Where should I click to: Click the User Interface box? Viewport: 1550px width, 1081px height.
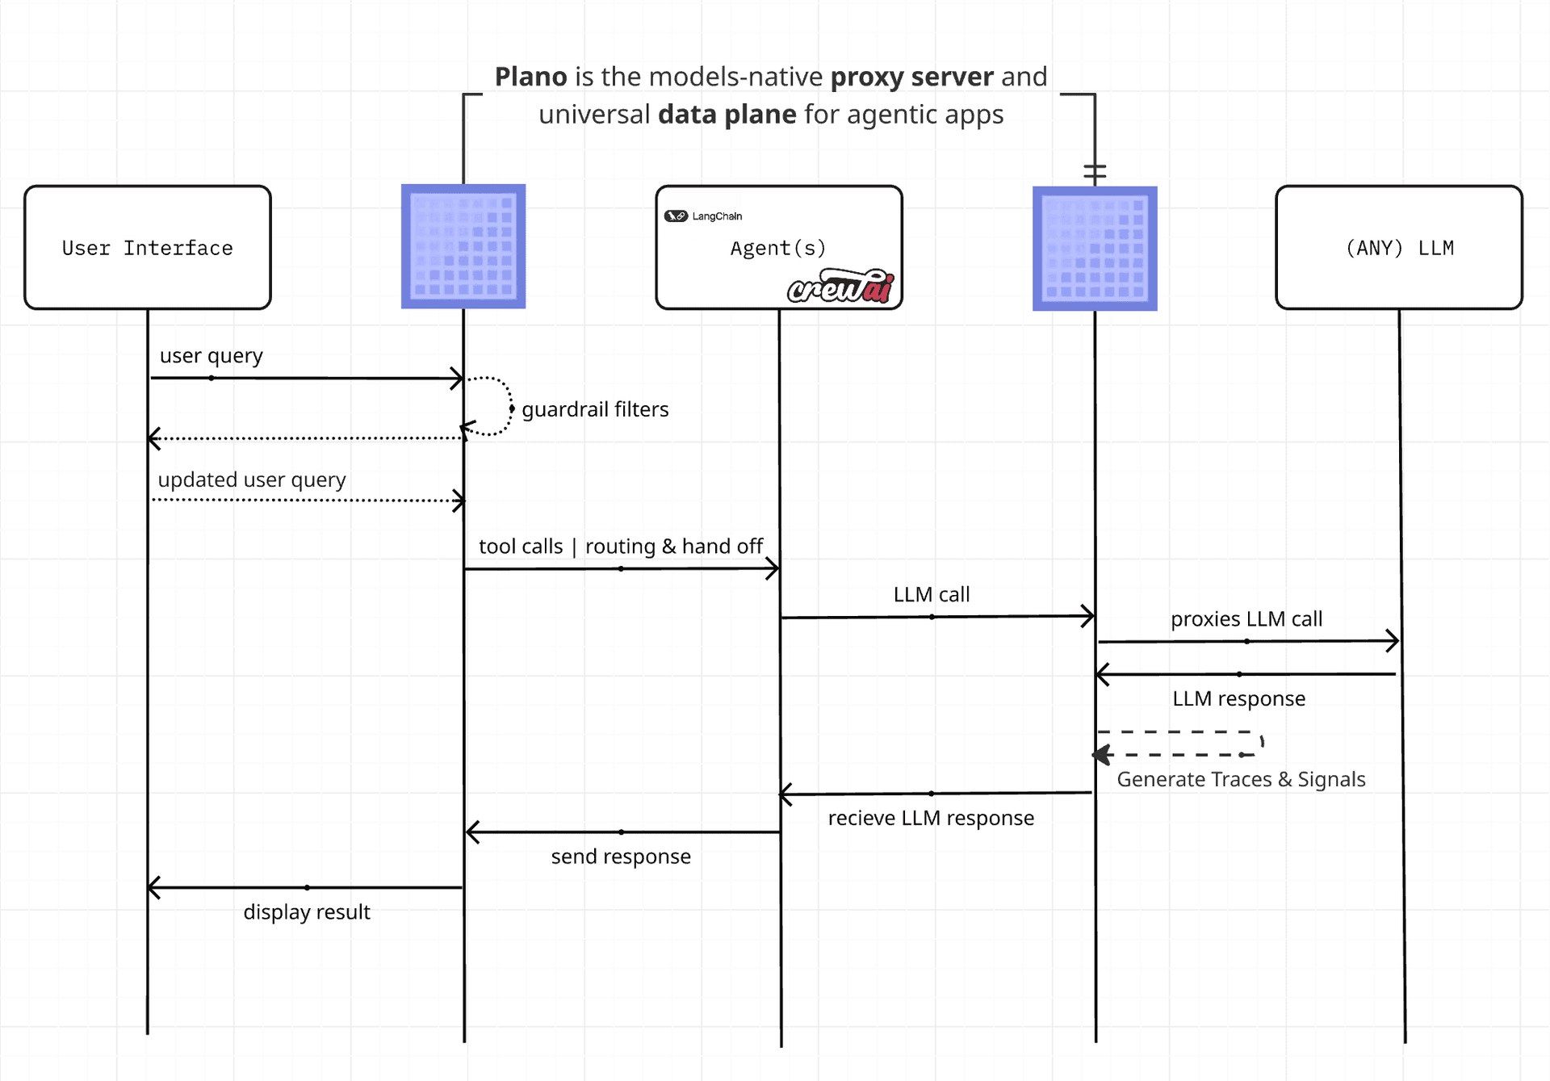pos(148,248)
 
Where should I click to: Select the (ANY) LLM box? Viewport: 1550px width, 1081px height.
pos(1399,248)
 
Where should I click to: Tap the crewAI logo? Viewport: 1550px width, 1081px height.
pos(841,287)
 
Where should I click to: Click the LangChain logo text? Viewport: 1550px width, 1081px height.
pos(717,216)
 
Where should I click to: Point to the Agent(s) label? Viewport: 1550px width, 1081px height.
pos(778,248)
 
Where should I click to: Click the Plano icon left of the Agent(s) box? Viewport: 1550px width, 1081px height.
pos(463,246)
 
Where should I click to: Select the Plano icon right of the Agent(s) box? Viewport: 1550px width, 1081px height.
pos(1095,249)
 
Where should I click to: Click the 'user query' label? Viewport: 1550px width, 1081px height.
pos(212,356)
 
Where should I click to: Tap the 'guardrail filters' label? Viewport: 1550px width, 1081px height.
pos(595,409)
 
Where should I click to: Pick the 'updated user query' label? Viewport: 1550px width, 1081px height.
pos(252,480)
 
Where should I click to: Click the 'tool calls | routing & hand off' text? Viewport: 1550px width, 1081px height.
pos(621,547)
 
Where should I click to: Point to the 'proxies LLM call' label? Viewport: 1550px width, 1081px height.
pos(1246,619)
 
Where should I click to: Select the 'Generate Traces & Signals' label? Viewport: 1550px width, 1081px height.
pos(1241,779)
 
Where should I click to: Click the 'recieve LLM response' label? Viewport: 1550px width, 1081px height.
pos(931,818)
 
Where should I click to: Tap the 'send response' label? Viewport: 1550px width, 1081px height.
pos(621,857)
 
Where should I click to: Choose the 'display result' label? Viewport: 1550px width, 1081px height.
pos(307,912)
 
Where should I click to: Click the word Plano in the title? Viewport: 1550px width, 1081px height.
pos(531,77)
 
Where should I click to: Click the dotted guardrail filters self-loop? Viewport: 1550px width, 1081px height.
pos(511,408)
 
